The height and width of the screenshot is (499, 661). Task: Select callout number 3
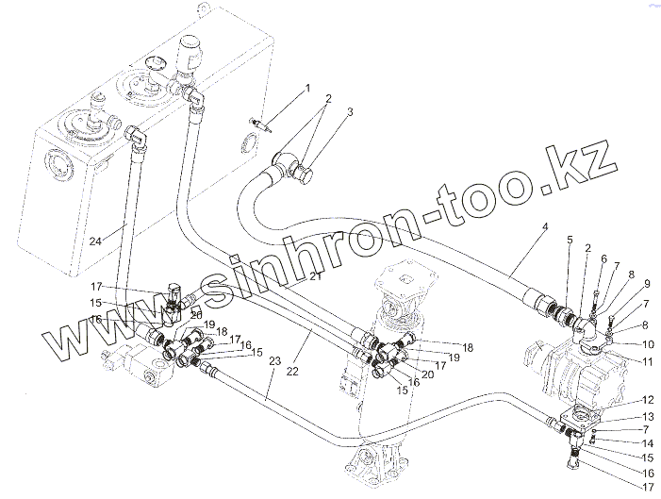[350, 112]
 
